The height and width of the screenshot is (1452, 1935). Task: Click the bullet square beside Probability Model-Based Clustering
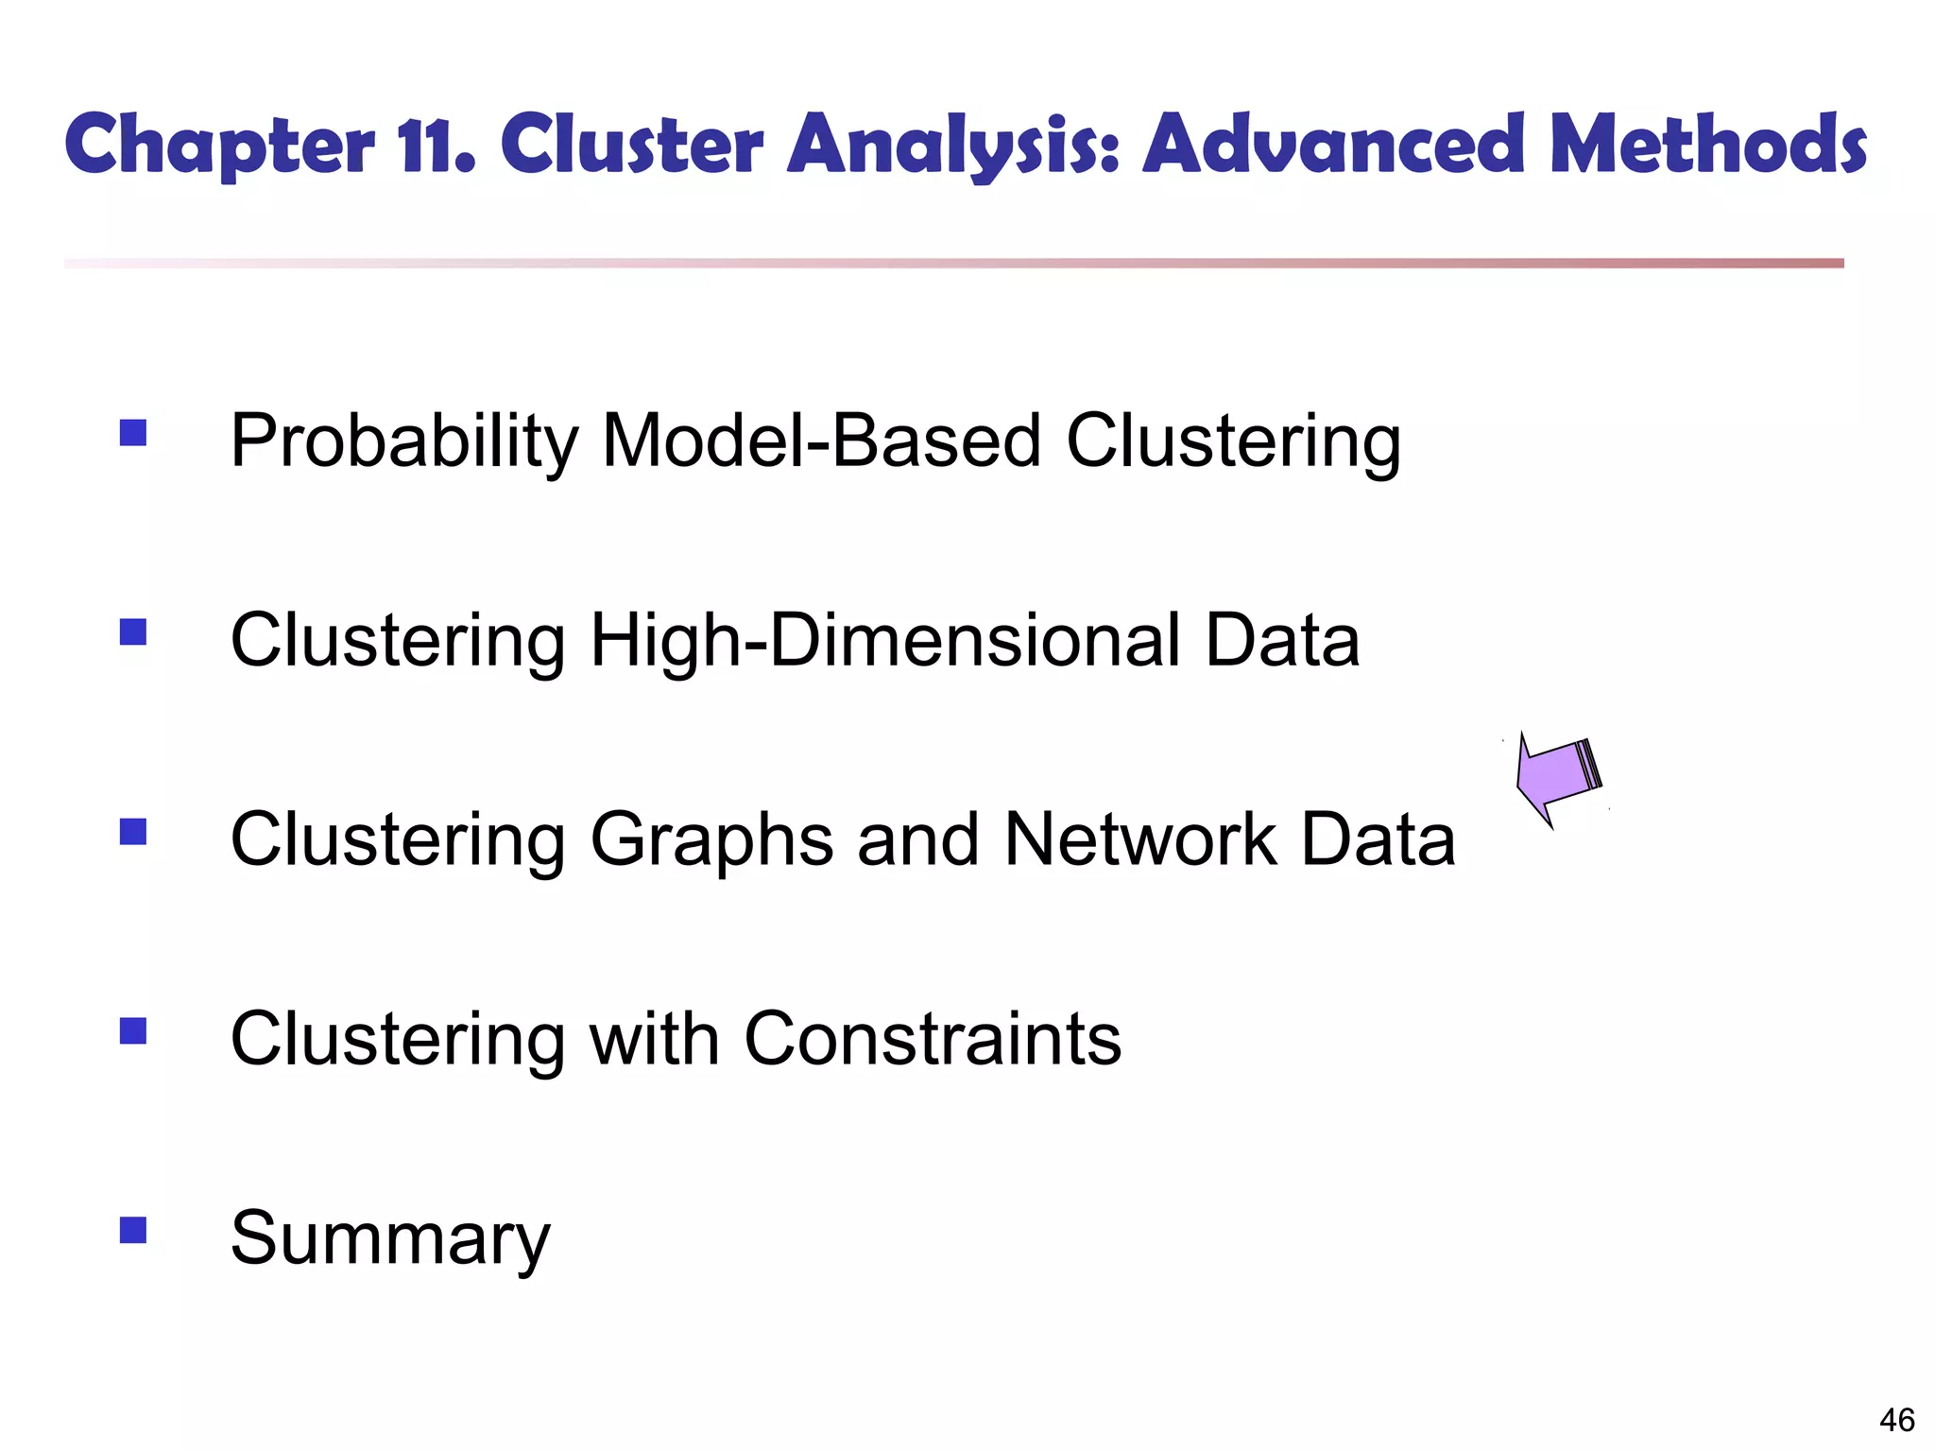click(x=133, y=433)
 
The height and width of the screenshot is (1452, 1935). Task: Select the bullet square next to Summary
click(x=133, y=1230)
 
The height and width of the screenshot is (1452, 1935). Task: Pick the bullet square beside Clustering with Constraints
click(x=133, y=1030)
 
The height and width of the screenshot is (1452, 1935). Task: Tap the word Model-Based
click(x=821, y=441)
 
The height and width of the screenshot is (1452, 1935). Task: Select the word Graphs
click(x=711, y=840)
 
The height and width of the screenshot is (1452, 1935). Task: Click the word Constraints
click(x=933, y=1039)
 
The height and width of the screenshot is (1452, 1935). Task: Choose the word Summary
click(x=390, y=1239)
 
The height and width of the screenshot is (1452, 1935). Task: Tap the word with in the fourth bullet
click(x=654, y=1039)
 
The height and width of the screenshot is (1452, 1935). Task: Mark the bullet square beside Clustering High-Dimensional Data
click(x=133, y=631)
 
